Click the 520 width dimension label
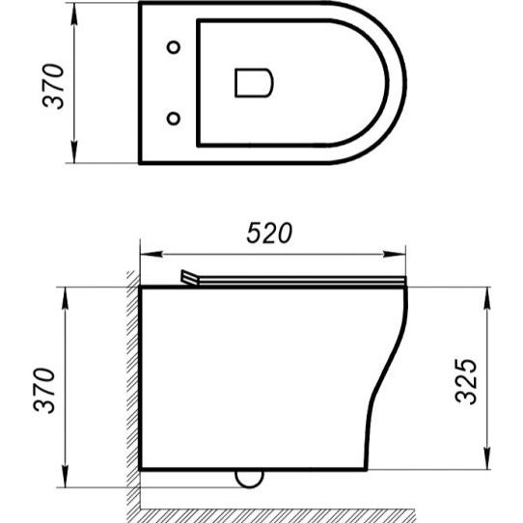tap(269, 233)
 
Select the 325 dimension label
tap(466, 381)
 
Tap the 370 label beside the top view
tap(53, 86)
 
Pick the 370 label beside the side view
tap(44, 391)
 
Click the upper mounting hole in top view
tap(174, 47)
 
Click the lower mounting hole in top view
tap(174, 118)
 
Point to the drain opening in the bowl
tap(254, 83)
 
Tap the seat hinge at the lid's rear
tap(189, 278)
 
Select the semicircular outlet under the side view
tap(249, 479)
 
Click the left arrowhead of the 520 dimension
tap(151, 254)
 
